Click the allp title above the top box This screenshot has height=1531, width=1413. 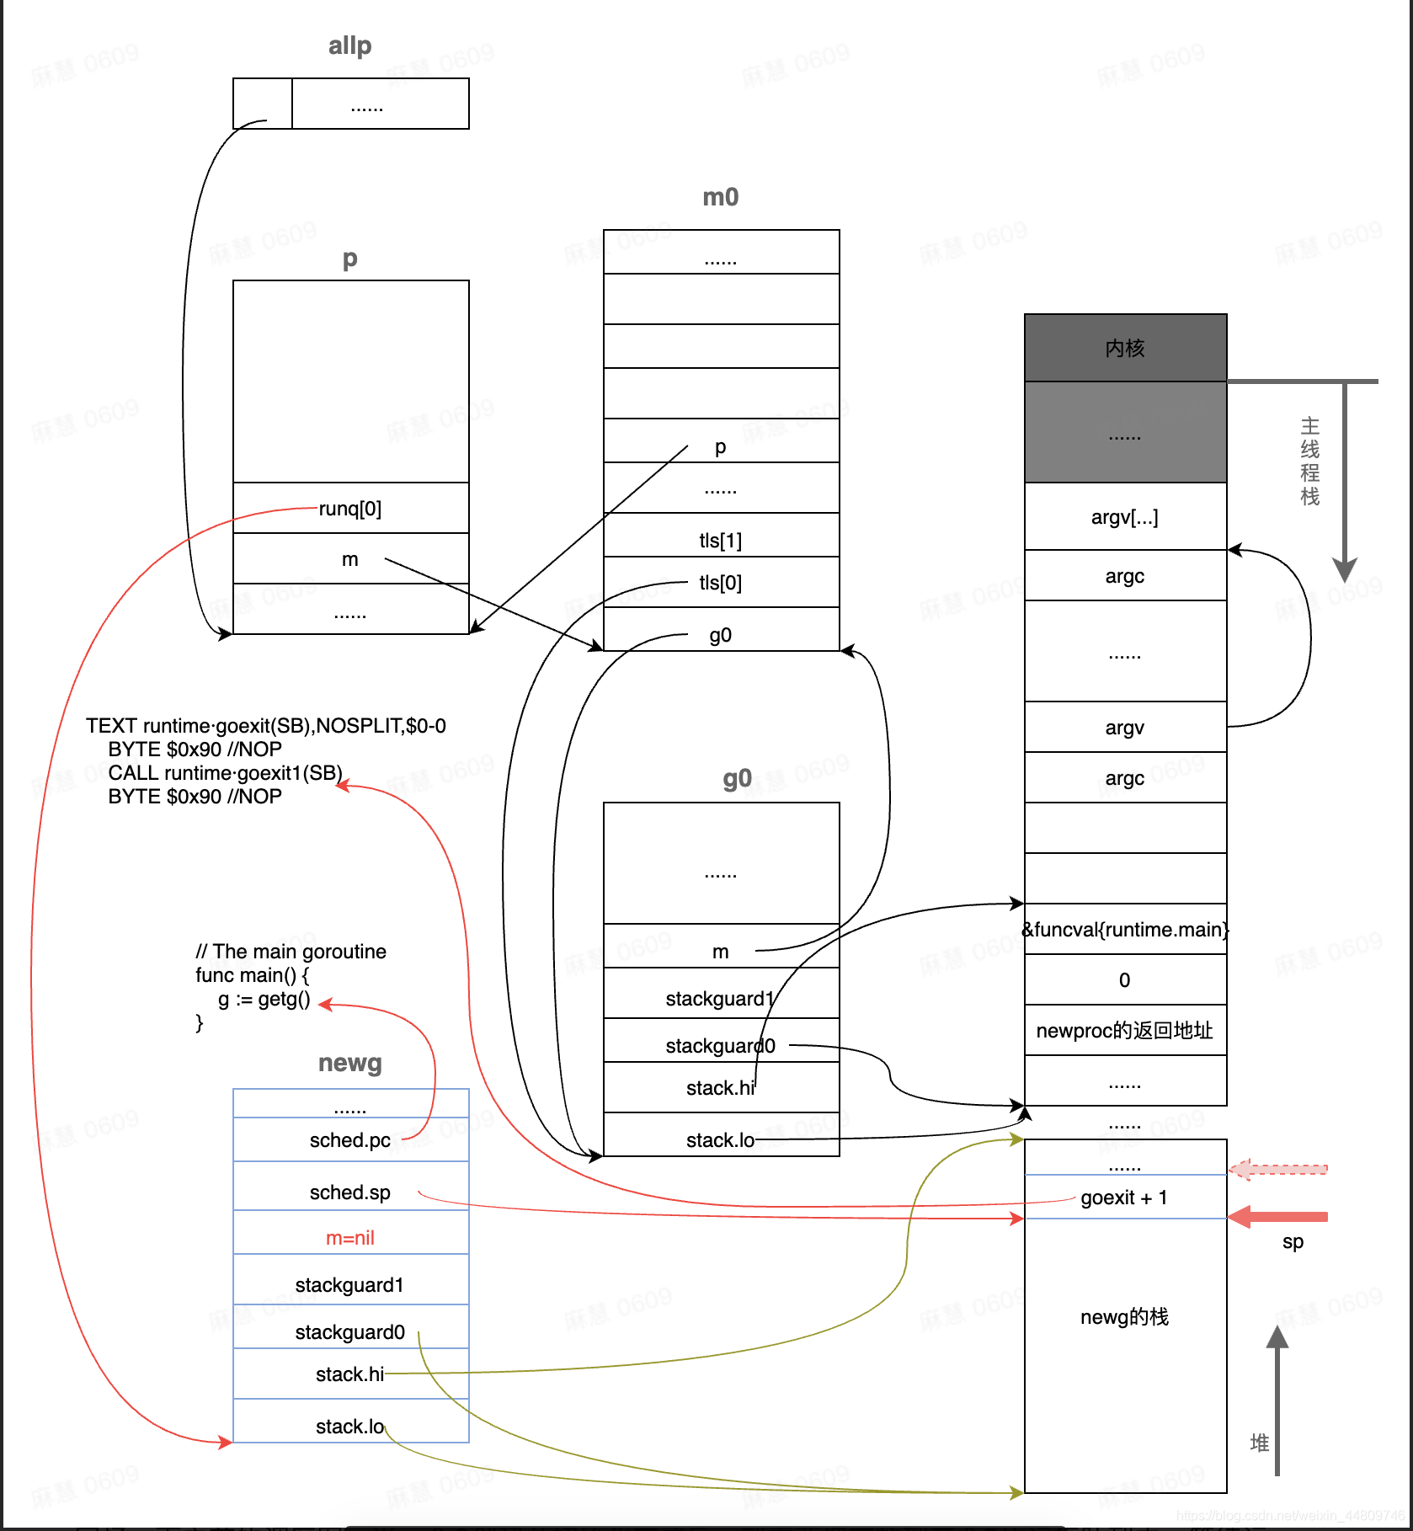click(x=349, y=45)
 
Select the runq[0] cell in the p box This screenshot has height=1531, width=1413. click(x=350, y=509)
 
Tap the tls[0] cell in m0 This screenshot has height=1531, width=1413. click(x=721, y=583)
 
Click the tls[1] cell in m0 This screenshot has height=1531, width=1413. click(x=721, y=540)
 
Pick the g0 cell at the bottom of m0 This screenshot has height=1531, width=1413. click(x=721, y=634)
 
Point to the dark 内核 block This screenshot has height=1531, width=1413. click(x=1125, y=348)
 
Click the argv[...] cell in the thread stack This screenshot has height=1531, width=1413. click(x=1125, y=517)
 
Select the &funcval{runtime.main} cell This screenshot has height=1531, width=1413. click(x=1125, y=930)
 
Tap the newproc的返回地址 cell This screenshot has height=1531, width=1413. click(x=1125, y=1031)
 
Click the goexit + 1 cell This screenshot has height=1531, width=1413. click(x=1125, y=1198)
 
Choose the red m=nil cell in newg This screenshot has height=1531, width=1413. click(x=350, y=1238)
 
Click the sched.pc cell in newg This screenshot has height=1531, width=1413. click(x=350, y=1140)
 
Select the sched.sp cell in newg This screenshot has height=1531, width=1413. click(x=350, y=1192)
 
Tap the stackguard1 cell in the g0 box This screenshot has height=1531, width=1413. click(x=721, y=999)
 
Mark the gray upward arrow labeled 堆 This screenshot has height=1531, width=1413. click(x=1277, y=1398)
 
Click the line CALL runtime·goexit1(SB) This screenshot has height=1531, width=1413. click(x=225, y=773)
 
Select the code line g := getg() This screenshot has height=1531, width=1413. click(x=264, y=1000)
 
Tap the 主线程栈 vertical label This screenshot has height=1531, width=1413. click(x=1309, y=461)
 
